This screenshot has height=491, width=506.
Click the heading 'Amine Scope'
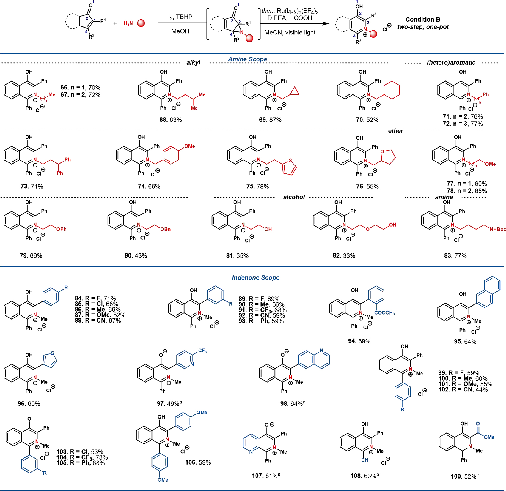[247, 59]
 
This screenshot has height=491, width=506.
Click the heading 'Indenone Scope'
[255, 277]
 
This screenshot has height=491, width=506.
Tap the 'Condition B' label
[422, 20]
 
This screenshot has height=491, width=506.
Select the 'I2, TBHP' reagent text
[180, 17]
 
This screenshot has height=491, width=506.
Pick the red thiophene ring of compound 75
[289, 167]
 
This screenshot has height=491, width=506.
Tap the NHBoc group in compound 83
[497, 229]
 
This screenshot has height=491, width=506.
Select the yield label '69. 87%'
[270, 120]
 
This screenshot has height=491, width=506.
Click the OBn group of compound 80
[165, 229]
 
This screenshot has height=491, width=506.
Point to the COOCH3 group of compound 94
[384, 313]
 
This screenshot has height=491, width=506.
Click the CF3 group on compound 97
[202, 351]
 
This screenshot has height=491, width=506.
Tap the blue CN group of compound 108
[365, 460]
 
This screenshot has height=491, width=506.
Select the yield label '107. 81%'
[266, 476]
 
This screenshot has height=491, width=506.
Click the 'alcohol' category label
[294, 197]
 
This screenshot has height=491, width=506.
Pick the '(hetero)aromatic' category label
[451, 63]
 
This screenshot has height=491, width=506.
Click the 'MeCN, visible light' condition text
[290, 32]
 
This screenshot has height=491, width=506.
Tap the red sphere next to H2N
[141, 23]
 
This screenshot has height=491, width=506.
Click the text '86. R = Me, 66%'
[98, 310]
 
